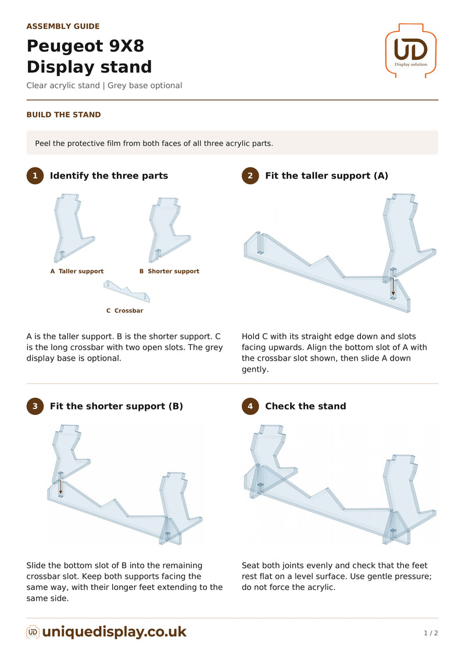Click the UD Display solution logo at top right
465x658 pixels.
(x=410, y=51)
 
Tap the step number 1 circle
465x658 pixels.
(x=35, y=176)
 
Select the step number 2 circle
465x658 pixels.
(x=251, y=176)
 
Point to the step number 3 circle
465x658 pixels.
(x=35, y=406)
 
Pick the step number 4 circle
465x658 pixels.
(x=251, y=406)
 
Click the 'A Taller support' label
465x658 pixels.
(x=77, y=271)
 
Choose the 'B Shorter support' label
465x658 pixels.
(x=169, y=271)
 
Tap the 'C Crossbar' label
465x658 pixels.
(x=124, y=311)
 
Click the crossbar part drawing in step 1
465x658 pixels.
(x=127, y=291)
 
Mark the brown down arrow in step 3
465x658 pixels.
(x=61, y=487)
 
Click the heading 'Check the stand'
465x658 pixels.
(x=306, y=406)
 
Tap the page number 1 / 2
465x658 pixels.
(x=431, y=633)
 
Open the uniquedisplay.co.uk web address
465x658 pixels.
(x=115, y=632)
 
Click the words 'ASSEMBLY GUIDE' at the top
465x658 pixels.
(x=63, y=26)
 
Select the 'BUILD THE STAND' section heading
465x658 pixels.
(x=64, y=115)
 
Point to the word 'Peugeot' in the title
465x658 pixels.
(x=65, y=46)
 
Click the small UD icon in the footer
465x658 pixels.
(x=33, y=632)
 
